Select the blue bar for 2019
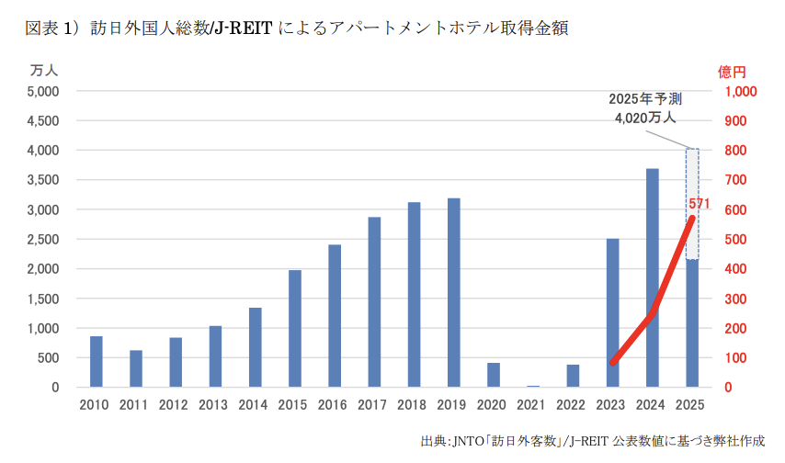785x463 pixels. (x=453, y=292)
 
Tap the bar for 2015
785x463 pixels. (x=295, y=328)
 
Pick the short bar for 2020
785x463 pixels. (x=494, y=375)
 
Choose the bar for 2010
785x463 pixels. (x=96, y=361)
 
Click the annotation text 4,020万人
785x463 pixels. (x=645, y=118)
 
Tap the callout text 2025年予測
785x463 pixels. (x=645, y=99)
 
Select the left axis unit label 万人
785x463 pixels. (x=44, y=70)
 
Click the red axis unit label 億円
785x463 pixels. (x=732, y=70)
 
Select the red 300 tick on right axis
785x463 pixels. (x=735, y=299)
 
